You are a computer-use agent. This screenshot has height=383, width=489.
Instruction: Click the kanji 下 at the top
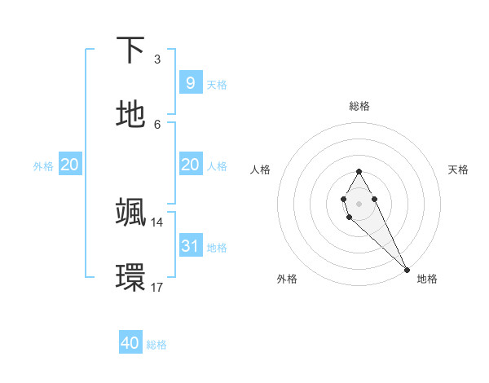130,51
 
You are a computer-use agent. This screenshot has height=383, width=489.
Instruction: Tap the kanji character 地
130,115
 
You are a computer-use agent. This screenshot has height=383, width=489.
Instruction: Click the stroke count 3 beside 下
157,59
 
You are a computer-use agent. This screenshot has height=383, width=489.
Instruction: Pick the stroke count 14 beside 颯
157,222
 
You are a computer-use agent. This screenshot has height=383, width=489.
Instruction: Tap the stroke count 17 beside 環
157,287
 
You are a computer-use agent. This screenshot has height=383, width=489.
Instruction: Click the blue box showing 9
190,82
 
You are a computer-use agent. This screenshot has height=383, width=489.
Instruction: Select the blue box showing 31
190,244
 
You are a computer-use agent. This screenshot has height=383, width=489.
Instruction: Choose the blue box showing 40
130,343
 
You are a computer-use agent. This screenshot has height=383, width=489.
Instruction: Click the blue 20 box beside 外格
70,165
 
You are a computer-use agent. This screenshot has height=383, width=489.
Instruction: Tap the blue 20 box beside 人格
190,165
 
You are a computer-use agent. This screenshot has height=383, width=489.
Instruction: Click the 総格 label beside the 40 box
157,345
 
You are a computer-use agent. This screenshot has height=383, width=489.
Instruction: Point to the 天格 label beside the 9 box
217,84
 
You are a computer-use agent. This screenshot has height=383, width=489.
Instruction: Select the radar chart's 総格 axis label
359,106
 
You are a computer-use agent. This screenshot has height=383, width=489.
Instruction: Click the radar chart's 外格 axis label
287,279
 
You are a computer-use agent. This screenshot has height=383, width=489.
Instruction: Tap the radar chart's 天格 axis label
458,169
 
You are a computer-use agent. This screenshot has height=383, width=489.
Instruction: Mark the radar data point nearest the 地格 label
407,269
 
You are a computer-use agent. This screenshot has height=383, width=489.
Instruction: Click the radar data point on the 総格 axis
359,171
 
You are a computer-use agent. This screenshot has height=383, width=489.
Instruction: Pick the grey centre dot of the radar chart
359,202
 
